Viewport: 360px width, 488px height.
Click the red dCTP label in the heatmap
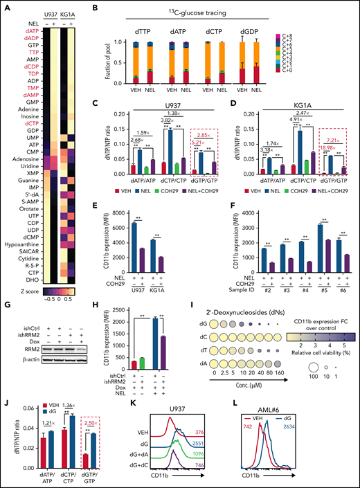tap(32, 121)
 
